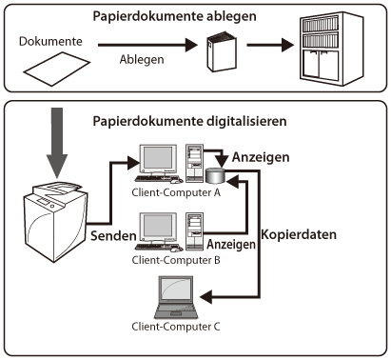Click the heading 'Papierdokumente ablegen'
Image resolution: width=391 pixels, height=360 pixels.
[x=174, y=16]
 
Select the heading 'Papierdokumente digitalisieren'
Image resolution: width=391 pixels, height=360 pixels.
[x=189, y=121]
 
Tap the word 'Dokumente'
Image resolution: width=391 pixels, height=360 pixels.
[x=50, y=41]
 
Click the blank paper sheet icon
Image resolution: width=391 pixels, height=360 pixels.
[x=57, y=69]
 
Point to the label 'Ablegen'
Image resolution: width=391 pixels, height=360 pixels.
[x=142, y=60]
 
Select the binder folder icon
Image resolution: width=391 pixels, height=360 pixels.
[x=222, y=51]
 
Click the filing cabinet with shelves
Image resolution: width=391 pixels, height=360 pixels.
[x=331, y=49]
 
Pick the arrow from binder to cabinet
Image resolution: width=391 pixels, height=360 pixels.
[x=270, y=45]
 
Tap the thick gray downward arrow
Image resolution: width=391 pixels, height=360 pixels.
[x=57, y=143]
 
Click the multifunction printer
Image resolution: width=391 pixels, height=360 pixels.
[x=56, y=222]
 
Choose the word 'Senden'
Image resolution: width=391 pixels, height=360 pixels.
[x=113, y=236]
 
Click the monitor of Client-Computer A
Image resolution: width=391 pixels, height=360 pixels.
[x=159, y=159]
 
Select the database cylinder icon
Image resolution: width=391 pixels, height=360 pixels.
[x=216, y=176]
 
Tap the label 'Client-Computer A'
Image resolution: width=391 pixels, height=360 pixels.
[x=176, y=192]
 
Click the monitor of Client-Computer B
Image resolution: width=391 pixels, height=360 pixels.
[x=158, y=228]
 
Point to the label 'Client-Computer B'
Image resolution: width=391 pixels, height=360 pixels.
[x=176, y=260]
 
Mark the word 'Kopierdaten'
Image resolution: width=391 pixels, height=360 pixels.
[x=299, y=234]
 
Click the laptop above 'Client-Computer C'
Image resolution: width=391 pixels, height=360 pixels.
[x=176, y=297]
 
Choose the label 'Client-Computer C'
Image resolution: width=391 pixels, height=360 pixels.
[x=176, y=327]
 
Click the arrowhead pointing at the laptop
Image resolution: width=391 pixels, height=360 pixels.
[x=206, y=297]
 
